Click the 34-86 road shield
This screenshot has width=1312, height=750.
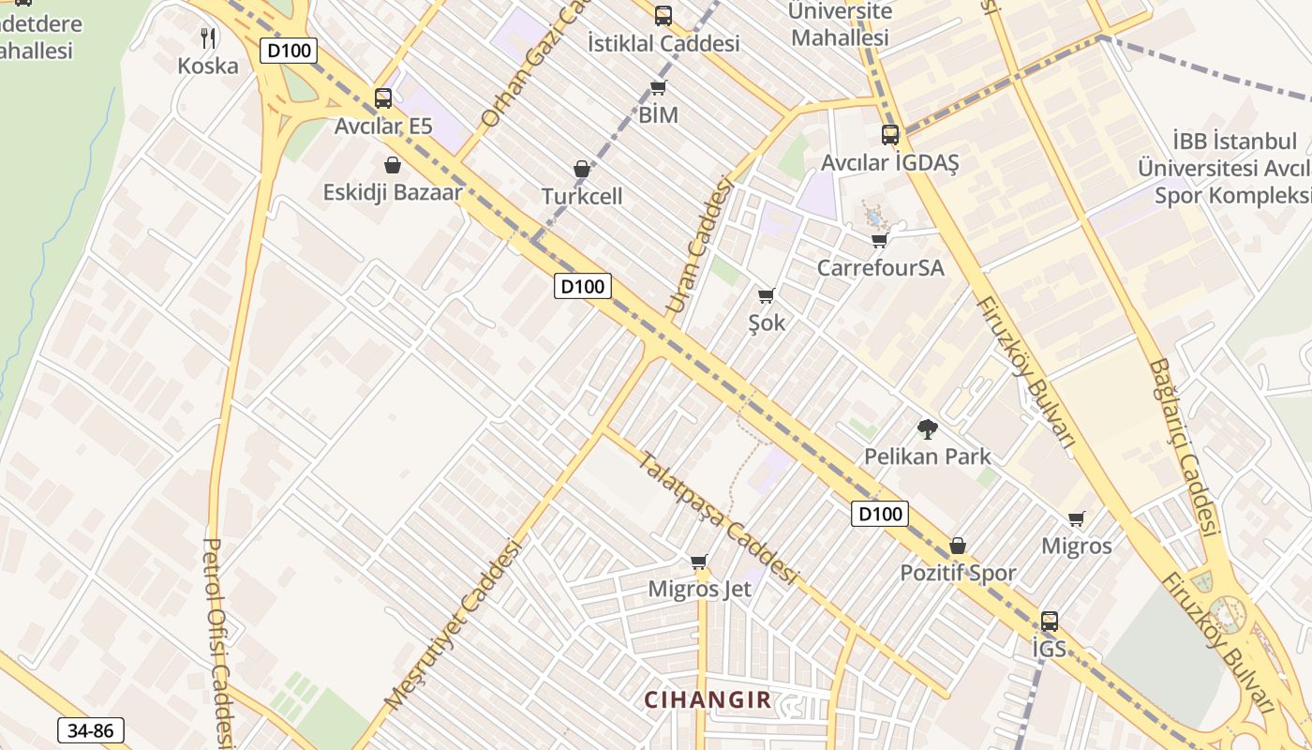91,730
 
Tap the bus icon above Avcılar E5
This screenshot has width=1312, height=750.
382,98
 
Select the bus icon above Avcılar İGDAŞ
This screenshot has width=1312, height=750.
889,135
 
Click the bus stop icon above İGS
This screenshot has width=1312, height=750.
1049,621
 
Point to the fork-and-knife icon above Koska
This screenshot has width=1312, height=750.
208,38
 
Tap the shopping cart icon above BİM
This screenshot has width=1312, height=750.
658,88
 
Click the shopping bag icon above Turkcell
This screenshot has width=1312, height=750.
581,170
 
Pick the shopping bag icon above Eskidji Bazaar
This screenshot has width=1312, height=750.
393,165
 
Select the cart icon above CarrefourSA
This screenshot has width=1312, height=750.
879,241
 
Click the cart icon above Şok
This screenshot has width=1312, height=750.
766,296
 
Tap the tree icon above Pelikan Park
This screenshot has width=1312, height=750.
927,429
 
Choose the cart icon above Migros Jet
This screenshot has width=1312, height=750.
698,562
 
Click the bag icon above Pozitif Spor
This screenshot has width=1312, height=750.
957,546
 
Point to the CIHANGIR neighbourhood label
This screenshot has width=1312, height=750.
708,699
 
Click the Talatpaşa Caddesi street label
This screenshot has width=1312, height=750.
717,517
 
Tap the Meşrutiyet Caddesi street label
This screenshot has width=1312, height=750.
452,624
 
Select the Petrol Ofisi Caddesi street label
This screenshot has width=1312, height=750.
217,643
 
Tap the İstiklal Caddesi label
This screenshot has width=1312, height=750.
663,43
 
